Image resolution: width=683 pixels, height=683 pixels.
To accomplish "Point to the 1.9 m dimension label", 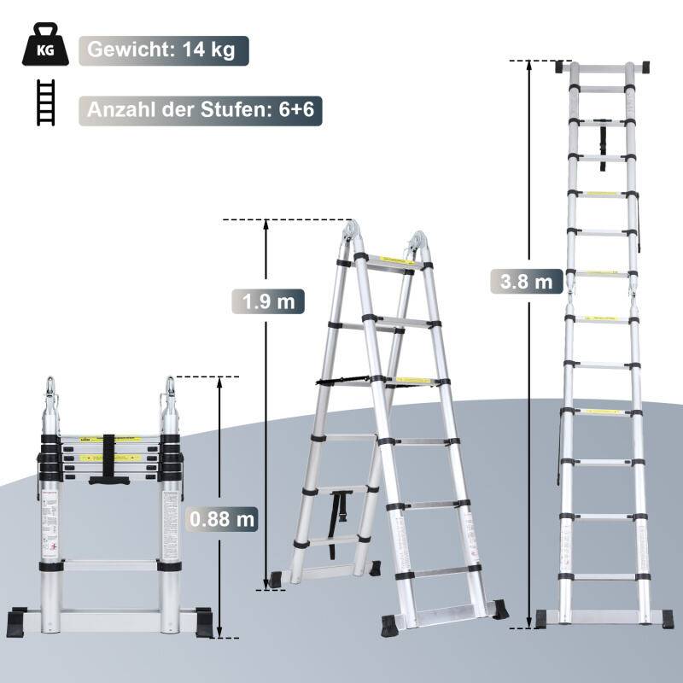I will coord(266,301).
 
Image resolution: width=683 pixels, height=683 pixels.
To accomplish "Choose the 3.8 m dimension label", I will coord(527,280).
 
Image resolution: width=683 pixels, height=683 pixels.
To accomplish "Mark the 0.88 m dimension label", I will coord(220,518).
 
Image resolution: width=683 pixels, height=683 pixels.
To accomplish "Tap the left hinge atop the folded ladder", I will coord(52,395).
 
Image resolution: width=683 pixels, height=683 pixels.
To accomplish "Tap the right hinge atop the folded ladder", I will coord(170,395).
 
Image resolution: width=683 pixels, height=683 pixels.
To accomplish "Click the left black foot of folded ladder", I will coord(20,620).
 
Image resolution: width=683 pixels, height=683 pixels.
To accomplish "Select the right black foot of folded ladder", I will coord(203,620).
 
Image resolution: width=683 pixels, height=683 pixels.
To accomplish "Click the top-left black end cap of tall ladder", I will coord(564,67).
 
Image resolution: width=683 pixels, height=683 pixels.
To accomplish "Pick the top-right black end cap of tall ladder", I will coord(640,67).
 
